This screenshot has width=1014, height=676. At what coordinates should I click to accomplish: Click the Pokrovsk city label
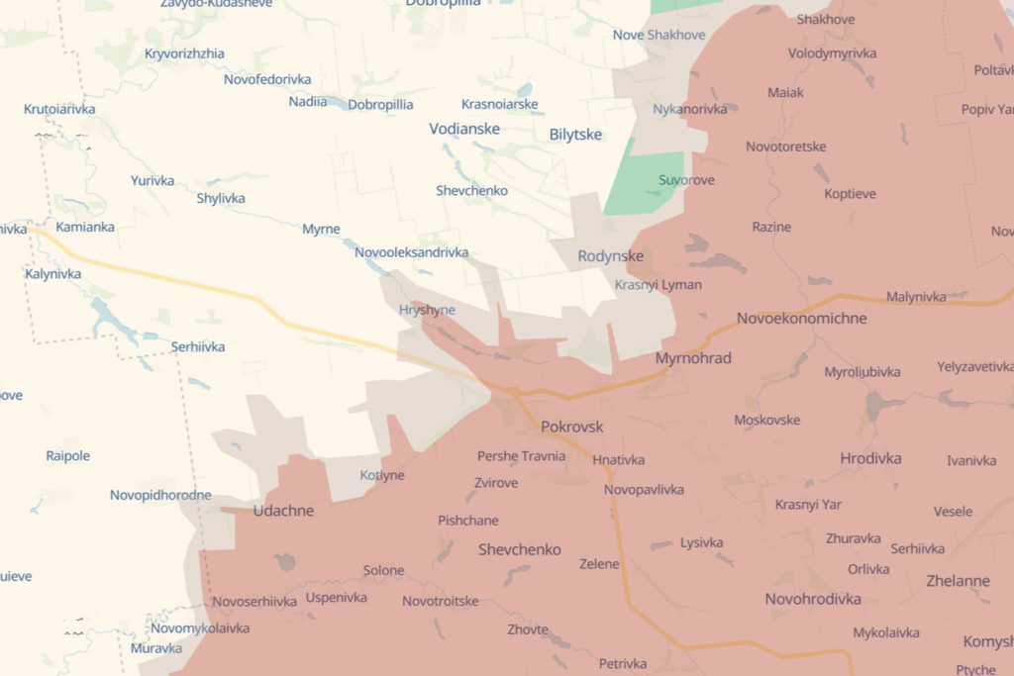click(x=572, y=427)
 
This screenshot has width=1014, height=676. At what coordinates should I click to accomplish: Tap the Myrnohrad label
click(x=693, y=357)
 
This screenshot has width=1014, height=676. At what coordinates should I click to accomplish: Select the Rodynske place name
click(x=610, y=256)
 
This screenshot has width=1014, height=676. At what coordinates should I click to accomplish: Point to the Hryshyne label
click(x=427, y=310)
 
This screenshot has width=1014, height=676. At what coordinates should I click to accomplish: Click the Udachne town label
click(x=283, y=511)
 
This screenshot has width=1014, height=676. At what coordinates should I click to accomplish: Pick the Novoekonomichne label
click(x=801, y=318)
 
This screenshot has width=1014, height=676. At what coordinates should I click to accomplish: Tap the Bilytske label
click(x=575, y=135)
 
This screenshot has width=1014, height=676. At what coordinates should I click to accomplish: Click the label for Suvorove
click(x=686, y=180)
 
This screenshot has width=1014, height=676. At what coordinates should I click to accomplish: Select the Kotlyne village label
click(x=382, y=475)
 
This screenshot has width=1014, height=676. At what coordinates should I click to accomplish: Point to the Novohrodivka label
click(x=812, y=599)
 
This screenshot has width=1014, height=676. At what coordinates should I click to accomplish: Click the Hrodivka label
click(x=870, y=458)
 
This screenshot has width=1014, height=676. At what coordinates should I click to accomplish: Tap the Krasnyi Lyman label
click(x=658, y=285)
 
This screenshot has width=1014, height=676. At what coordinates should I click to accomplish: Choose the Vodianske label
click(x=464, y=129)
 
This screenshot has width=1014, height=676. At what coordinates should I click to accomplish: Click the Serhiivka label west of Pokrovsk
click(x=198, y=346)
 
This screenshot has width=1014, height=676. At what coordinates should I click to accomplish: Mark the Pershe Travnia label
click(x=521, y=456)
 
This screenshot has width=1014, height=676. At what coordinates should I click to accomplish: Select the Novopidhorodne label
click(x=160, y=495)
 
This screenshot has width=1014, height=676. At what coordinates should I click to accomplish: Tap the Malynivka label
click(x=916, y=296)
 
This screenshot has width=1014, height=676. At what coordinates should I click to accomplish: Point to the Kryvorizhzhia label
click(x=184, y=53)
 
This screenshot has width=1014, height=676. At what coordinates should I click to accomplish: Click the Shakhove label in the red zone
click(x=825, y=19)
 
